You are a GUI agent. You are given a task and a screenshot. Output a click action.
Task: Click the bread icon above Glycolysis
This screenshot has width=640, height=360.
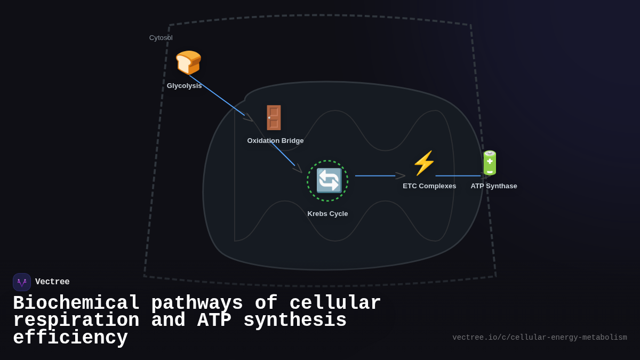coord(188,63)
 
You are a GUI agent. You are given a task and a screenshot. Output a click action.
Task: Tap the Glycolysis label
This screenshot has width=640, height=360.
coord(184,86)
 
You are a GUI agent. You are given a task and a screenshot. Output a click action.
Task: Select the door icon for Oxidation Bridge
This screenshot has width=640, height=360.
coord(274,117)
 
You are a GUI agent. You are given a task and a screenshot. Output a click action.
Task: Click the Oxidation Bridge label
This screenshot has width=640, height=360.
coord(275,141)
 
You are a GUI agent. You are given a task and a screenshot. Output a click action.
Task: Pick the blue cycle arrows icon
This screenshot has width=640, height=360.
coord(329,181)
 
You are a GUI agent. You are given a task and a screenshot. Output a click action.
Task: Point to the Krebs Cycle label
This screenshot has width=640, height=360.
coord(327,214)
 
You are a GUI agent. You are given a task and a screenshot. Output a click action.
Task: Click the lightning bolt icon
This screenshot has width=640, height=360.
coord(424,163)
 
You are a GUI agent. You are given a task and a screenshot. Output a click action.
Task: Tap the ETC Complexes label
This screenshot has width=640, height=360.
coord(429,186)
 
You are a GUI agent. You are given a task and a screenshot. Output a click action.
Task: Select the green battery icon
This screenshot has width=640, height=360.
coord(490,163)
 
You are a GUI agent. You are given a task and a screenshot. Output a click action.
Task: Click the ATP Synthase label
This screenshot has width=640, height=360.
coord(494,186)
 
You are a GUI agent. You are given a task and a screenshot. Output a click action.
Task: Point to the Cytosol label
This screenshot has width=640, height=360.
coord(161,38)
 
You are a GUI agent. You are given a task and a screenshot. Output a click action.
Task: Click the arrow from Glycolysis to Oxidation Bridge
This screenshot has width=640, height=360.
coord(217,95)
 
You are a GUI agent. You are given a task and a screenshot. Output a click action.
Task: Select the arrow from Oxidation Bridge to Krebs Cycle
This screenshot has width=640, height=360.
coord(283,154)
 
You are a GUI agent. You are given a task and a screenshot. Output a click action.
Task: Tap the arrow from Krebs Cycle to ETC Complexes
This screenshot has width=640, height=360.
coord(377,176)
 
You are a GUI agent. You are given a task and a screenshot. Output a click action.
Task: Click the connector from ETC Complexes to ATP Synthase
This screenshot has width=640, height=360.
coord(458,176)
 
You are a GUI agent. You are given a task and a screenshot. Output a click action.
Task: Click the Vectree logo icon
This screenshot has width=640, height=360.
coord(22,282)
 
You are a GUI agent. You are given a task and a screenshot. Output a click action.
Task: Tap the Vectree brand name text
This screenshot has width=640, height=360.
coord(52,282)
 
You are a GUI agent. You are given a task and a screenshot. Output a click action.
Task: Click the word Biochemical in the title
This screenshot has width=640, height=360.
coord(76,303)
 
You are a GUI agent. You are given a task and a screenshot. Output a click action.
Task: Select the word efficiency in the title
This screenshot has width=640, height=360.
coord(70,338)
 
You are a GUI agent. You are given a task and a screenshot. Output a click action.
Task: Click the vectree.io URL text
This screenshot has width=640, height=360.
coord(539,338)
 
